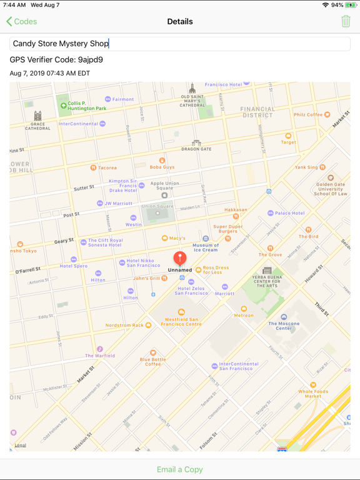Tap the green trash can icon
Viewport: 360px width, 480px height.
pos(346,21)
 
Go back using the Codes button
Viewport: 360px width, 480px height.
pos(22,21)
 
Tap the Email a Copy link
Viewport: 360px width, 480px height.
pos(180,469)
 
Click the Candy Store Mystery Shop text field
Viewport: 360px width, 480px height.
pos(180,44)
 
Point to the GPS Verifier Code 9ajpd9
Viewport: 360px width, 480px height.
pos(56,60)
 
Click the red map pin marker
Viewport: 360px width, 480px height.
pos(180,257)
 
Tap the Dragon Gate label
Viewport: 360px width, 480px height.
pos(196,149)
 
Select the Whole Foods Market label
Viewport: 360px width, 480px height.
pos(313,393)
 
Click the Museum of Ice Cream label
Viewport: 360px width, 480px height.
pos(206,247)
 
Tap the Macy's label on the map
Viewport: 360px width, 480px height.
pos(177,238)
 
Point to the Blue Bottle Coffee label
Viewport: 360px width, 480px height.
pos(153,361)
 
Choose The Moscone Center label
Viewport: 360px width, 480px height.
pos(284,325)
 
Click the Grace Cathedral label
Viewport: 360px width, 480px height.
pos(37,125)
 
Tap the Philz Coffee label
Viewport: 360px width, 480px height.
pos(308,115)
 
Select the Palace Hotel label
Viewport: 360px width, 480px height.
pos(289,213)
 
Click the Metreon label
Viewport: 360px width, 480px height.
pos(244,315)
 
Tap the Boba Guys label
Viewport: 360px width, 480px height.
pos(162,167)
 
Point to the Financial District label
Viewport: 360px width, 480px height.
pos(257,112)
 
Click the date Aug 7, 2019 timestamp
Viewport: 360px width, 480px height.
pos(50,73)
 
